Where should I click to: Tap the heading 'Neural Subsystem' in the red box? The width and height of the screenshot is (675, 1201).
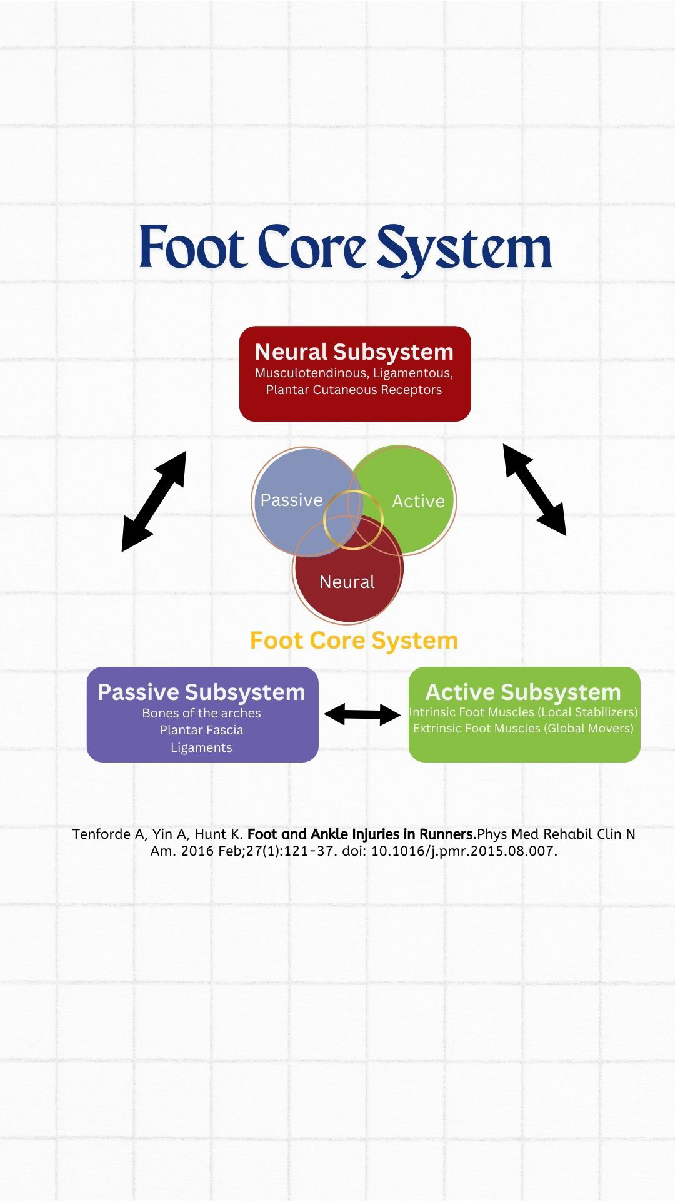tap(354, 352)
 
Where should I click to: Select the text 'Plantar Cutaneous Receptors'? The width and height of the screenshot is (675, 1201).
tap(354, 390)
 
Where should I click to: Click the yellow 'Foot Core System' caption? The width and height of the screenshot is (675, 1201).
tap(354, 641)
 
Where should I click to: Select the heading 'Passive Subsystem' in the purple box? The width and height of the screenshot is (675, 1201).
tap(201, 692)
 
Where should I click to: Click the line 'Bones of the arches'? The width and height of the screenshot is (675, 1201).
tap(201, 713)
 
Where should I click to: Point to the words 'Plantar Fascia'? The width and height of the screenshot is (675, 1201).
tap(201, 730)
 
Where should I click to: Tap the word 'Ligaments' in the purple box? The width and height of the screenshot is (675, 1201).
tap(201, 747)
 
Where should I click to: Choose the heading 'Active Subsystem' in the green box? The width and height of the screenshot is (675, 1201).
tap(523, 692)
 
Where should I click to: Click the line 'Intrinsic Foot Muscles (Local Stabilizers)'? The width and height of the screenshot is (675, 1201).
tap(523, 712)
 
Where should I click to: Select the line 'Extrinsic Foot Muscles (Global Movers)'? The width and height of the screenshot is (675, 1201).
tap(523, 728)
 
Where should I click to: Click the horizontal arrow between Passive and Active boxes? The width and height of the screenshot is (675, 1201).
tap(362, 714)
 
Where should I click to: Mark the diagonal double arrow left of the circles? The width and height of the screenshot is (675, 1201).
tap(154, 501)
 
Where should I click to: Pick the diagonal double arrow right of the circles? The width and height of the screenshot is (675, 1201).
tap(534, 490)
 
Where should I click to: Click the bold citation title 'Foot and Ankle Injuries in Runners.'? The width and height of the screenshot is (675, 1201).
tap(362, 834)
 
